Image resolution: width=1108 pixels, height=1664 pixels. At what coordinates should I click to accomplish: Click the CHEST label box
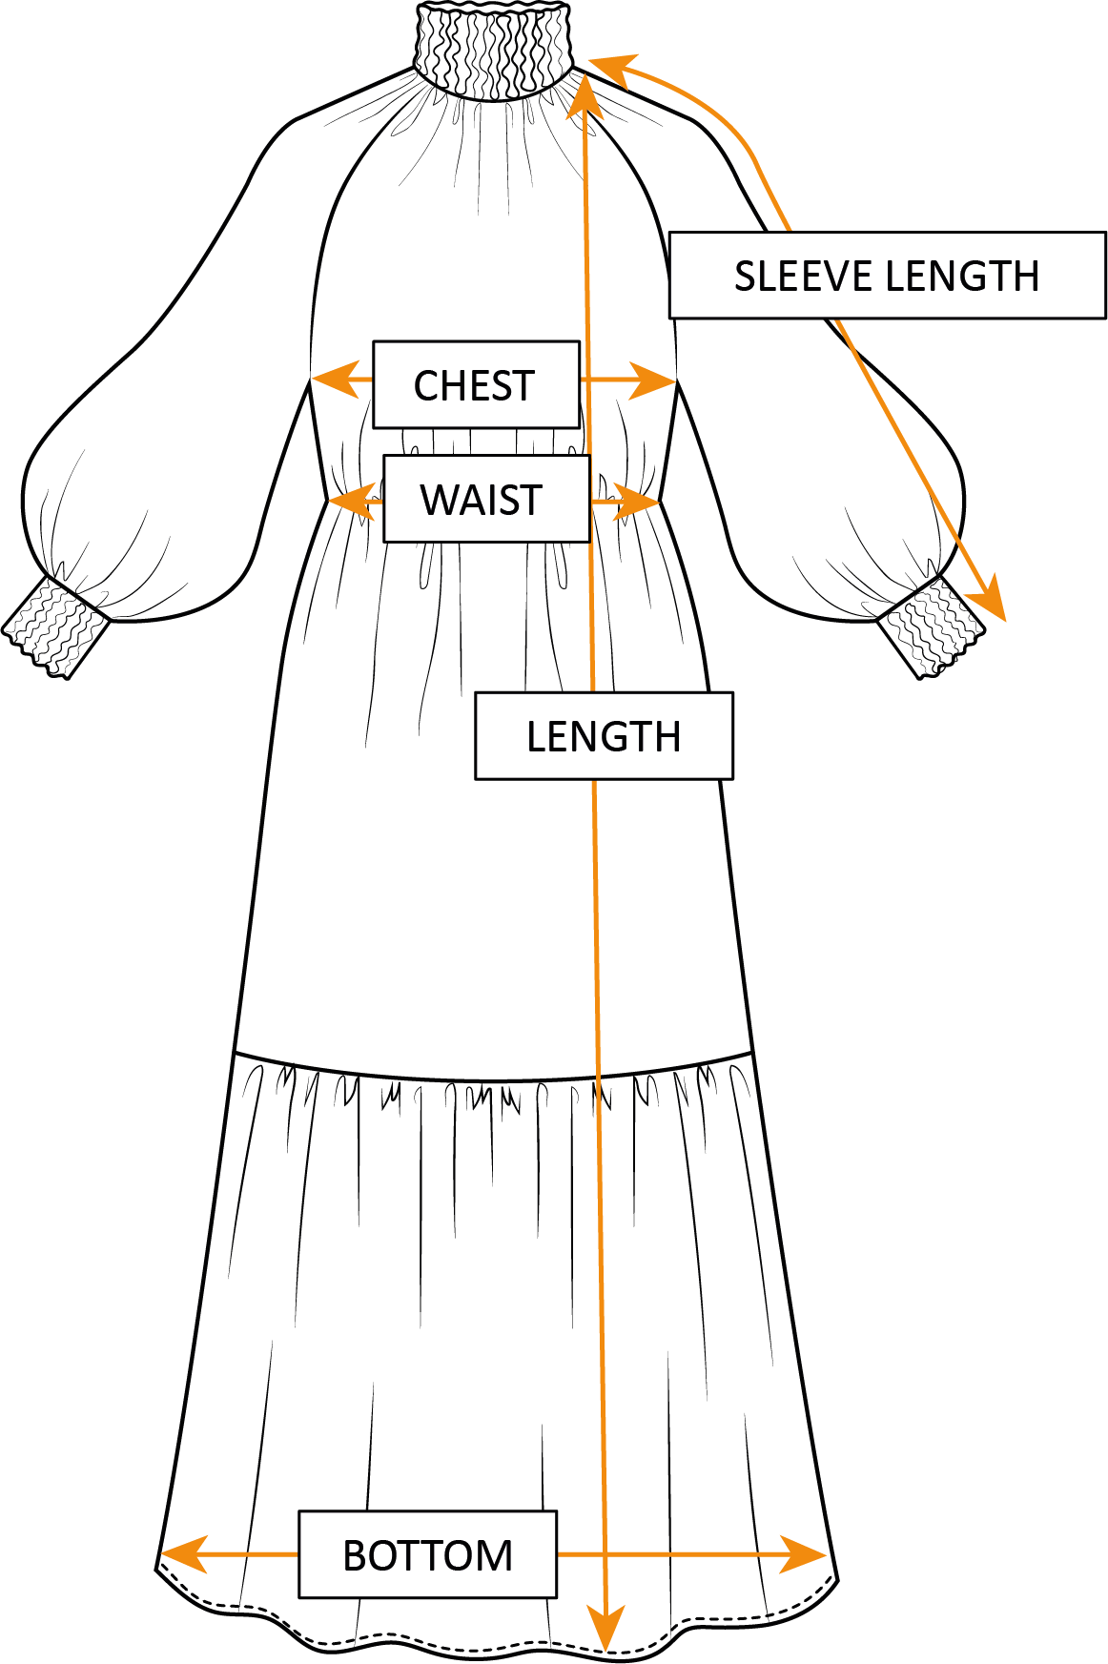click(x=476, y=384)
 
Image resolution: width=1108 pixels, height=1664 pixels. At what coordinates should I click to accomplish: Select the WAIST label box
click(x=486, y=499)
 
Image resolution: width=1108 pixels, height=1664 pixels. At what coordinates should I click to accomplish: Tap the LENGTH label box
click(x=604, y=736)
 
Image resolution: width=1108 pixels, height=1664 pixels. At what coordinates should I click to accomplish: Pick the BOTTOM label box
click(x=427, y=1554)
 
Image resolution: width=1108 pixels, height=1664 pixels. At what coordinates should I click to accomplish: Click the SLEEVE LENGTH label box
click(x=887, y=276)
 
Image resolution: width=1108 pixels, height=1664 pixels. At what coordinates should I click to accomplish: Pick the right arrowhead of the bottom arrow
click(x=807, y=1555)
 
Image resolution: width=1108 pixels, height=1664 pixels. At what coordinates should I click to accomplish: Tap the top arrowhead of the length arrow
click(x=583, y=92)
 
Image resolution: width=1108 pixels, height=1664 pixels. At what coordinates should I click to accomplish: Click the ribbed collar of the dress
click(x=493, y=48)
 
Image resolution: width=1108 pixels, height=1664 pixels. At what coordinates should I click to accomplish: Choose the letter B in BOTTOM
click(x=355, y=1556)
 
